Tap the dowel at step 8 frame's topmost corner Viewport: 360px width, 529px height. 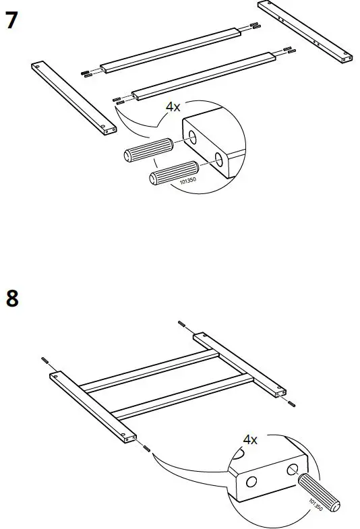point(182,325)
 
